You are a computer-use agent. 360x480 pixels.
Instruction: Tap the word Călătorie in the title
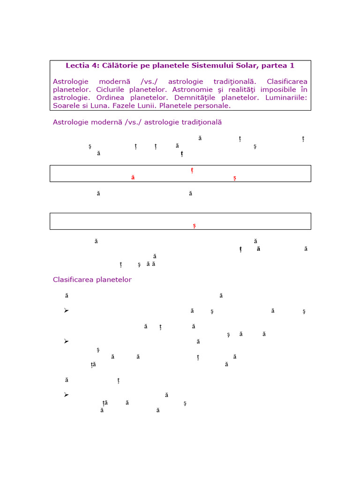coord(119,66)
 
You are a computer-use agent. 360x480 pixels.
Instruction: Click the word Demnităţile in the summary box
coord(192,97)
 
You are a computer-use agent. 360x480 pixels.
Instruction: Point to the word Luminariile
coord(285,97)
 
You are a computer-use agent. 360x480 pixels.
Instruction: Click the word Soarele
coord(67,105)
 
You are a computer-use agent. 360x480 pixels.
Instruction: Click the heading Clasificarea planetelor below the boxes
coord(92,280)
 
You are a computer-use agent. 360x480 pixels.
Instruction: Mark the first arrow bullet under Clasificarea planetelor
coord(66,310)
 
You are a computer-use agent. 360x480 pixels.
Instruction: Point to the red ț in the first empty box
coord(192,170)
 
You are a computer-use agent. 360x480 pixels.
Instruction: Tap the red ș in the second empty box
coord(195,226)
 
